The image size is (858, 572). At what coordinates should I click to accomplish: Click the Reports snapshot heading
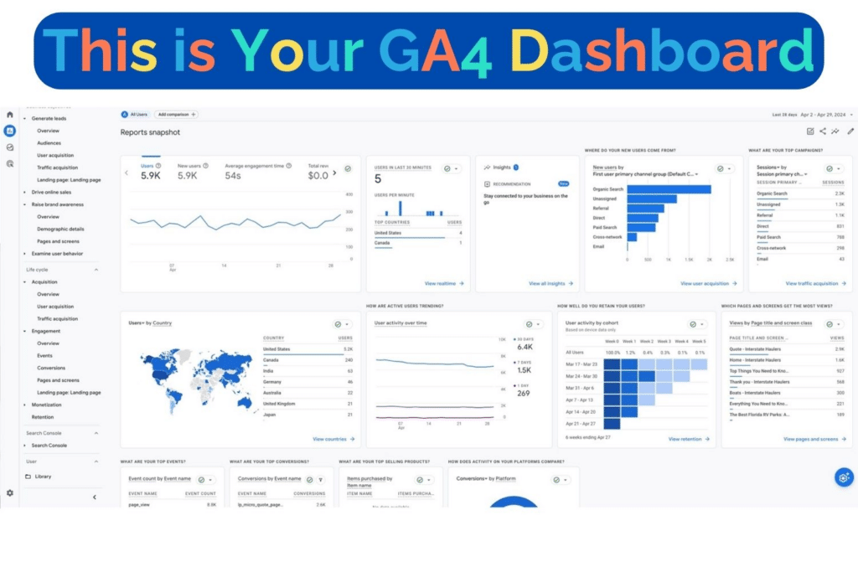point(150,132)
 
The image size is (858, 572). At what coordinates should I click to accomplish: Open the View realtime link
point(443,284)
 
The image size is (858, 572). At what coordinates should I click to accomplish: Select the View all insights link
point(550,284)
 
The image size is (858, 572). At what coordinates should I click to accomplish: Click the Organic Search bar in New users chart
point(669,189)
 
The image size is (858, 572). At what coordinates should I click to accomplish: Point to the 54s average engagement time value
point(234,176)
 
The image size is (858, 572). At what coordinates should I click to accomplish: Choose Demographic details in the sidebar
point(60,229)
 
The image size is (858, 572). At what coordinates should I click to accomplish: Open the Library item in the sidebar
point(43,477)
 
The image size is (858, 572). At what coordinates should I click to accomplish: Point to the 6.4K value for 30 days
point(525,347)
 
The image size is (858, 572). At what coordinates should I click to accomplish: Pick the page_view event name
point(139,504)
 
